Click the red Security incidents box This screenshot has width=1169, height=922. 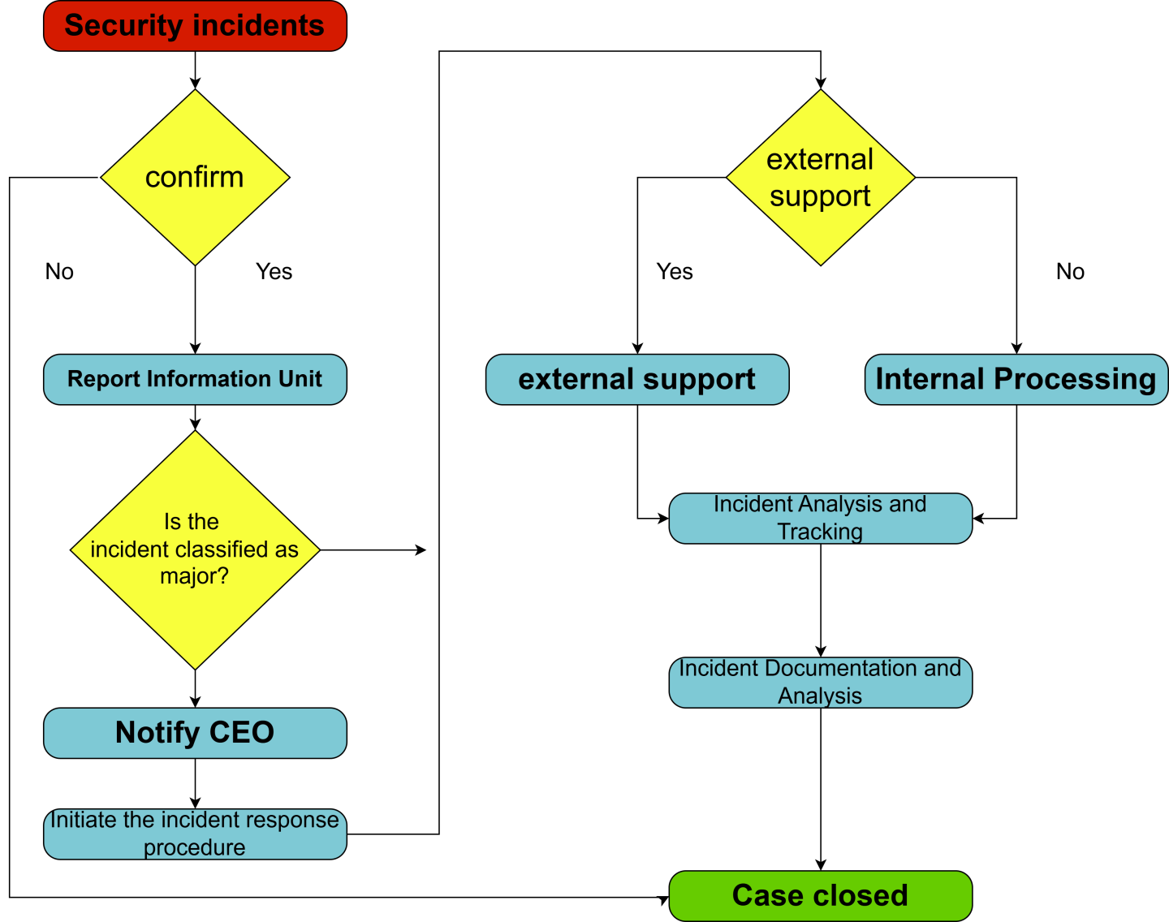coord(195,26)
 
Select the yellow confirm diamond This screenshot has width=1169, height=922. coord(195,177)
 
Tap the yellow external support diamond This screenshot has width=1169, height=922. coord(820,177)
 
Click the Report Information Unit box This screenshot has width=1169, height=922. coord(195,379)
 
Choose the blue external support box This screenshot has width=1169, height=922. coord(636,379)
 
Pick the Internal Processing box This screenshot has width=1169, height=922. coord(1016,379)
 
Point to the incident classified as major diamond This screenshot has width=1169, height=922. coord(195,549)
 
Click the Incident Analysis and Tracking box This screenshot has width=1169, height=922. coord(820,518)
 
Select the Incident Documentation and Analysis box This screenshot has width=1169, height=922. coord(820,682)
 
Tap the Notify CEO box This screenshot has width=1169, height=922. coord(195,733)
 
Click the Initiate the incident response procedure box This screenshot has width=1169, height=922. coord(195,834)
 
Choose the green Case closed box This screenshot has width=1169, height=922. coord(820,896)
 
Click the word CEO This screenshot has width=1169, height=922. coord(241,733)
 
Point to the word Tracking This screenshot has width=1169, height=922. coord(820,532)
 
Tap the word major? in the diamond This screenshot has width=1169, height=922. coord(195,576)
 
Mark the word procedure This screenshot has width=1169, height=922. coord(195,847)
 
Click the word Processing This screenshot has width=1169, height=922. coord(1075,379)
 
